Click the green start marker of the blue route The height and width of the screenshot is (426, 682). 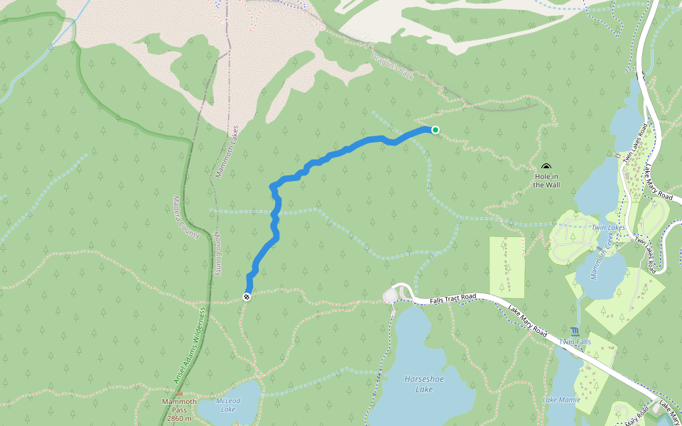pos(435,129)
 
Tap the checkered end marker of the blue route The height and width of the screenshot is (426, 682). pos(247,297)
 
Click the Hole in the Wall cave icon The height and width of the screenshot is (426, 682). pos(546,166)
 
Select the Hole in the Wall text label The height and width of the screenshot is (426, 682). pos(546,180)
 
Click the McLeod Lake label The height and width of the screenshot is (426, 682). pos(228,405)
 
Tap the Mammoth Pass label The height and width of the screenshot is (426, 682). pos(178,402)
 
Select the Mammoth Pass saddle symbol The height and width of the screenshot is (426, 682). pos(179,394)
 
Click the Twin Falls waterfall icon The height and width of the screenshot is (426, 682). pos(574,331)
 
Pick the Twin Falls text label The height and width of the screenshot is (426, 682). pos(575,342)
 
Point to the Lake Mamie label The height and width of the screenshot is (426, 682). pos(561,400)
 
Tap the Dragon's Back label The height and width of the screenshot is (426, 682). pos(391,64)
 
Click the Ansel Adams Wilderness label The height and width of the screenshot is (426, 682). pos(189,346)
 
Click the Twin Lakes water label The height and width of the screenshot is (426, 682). pos(607,227)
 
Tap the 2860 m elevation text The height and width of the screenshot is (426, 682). pos(178,419)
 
